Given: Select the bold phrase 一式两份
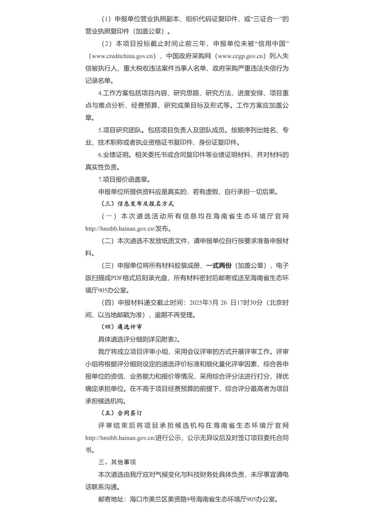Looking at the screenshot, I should click(x=219, y=266).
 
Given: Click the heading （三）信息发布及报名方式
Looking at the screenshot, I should click(x=137, y=204).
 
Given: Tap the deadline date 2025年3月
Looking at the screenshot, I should click(x=203, y=303).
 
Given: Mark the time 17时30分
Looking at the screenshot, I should click(x=250, y=303).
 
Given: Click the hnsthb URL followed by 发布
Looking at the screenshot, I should click(x=120, y=229).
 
